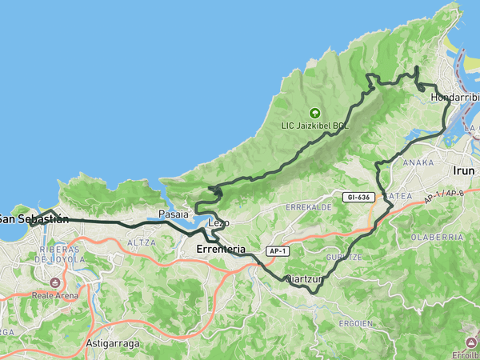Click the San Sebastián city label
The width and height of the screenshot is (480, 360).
(x=32, y=218)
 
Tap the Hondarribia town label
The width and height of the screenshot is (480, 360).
(x=454, y=97)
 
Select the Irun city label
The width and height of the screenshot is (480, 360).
(x=464, y=170)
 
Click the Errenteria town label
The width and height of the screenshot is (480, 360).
(x=220, y=250)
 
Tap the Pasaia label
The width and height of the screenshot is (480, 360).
(x=173, y=214)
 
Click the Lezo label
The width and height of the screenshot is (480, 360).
(x=219, y=222)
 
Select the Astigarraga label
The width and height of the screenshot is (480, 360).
(x=113, y=344)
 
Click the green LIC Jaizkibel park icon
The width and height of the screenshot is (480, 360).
(x=314, y=114)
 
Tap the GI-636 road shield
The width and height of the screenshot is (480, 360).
(x=359, y=197)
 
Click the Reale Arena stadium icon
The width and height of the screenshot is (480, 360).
(x=55, y=282)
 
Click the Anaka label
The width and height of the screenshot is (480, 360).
(x=419, y=162)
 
